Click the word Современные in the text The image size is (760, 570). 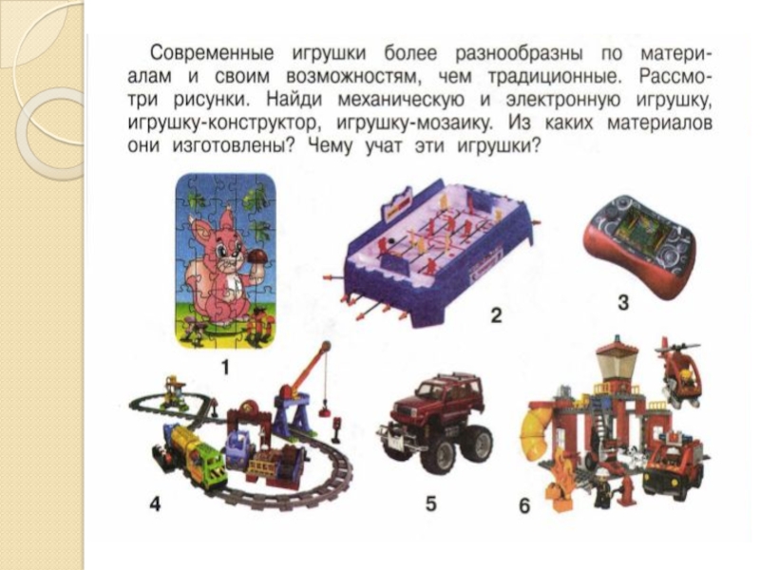(x=211, y=53)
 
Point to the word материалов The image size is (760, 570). (x=659, y=123)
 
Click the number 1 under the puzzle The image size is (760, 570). (x=225, y=369)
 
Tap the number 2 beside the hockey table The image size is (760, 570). (x=496, y=315)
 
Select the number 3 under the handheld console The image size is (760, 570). (x=623, y=302)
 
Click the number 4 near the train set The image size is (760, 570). (x=155, y=504)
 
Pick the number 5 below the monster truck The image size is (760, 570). (x=431, y=503)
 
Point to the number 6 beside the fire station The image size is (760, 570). (x=524, y=506)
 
